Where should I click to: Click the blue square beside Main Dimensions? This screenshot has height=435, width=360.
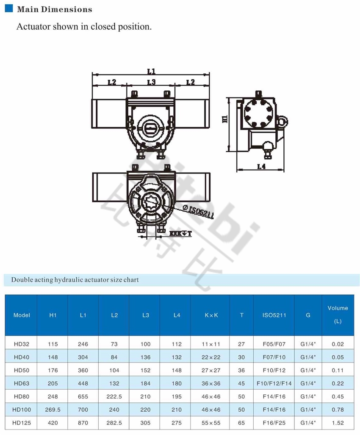pos(8,8)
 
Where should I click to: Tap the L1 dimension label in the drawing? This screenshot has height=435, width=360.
pos(151,72)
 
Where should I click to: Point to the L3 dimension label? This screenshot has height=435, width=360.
pos(151,82)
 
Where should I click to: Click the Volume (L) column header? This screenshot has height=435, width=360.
pos(338,315)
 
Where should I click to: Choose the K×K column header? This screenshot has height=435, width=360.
pos(210,315)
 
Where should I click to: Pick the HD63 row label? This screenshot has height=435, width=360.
pos(21,383)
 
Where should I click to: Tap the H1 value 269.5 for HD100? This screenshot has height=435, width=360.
pos(53,410)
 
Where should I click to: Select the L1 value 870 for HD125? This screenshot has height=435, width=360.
pos(83,423)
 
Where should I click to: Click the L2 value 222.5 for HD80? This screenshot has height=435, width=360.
pos(114,396)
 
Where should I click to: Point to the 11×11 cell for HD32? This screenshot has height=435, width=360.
pos(210,344)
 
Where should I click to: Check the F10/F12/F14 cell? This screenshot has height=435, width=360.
pos(274,383)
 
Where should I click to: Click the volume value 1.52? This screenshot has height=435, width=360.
pos(338,423)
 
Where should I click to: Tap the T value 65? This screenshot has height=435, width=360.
pos(241,423)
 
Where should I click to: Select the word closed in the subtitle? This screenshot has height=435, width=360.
pos(101,26)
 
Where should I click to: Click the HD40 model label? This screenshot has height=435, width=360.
pos(21,357)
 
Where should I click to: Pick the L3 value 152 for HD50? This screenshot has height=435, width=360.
pos(145,370)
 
